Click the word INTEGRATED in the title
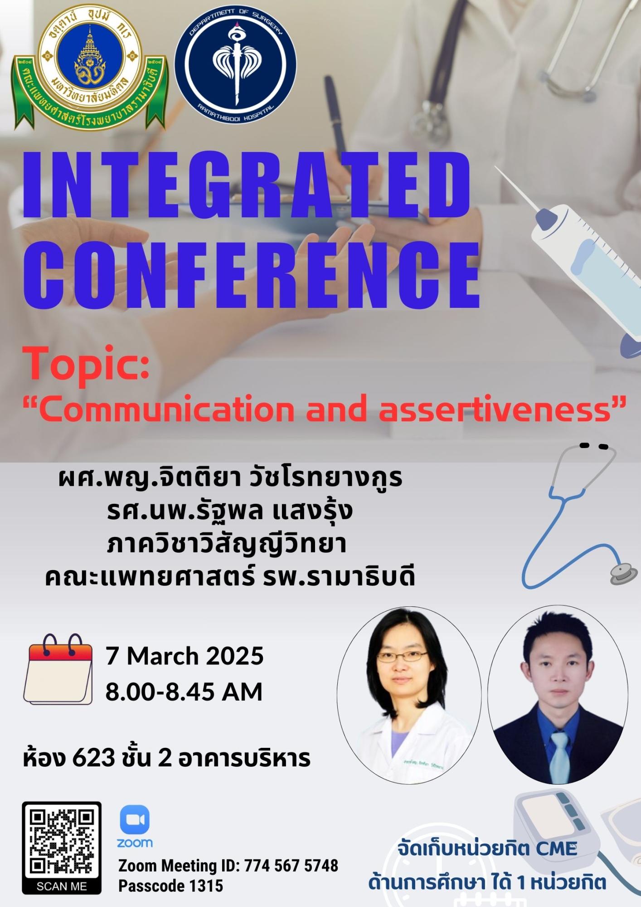tap(247, 185)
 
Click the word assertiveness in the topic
tap(496, 409)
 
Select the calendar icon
tap(58, 669)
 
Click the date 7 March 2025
tap(185, 656)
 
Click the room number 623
tap(93, 758)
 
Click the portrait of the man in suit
tap(558, 693)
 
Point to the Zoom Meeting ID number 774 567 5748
tap(291, 865)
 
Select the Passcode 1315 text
tap(171, 886)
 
